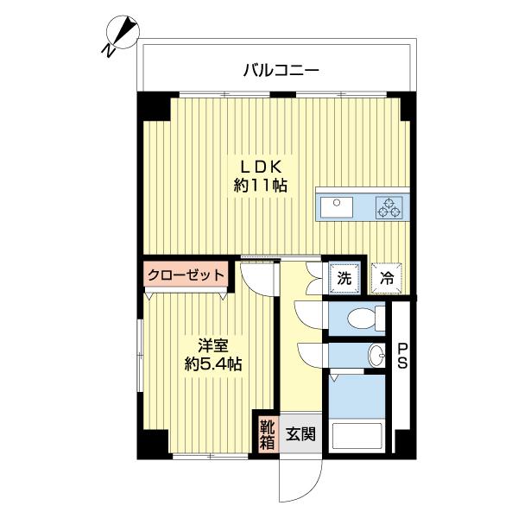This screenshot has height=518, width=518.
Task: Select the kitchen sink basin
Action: [337, 207]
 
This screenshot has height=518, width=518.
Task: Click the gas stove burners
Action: [388, 207]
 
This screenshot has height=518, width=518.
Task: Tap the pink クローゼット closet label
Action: [186, 275]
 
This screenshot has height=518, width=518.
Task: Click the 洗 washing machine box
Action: [344, 278]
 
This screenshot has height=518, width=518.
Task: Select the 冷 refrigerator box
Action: [387, 279]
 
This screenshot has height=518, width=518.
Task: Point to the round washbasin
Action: [376, 354]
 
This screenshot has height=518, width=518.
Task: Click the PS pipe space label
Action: [402, 356]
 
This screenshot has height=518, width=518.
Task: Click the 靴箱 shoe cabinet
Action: [266, 434]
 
